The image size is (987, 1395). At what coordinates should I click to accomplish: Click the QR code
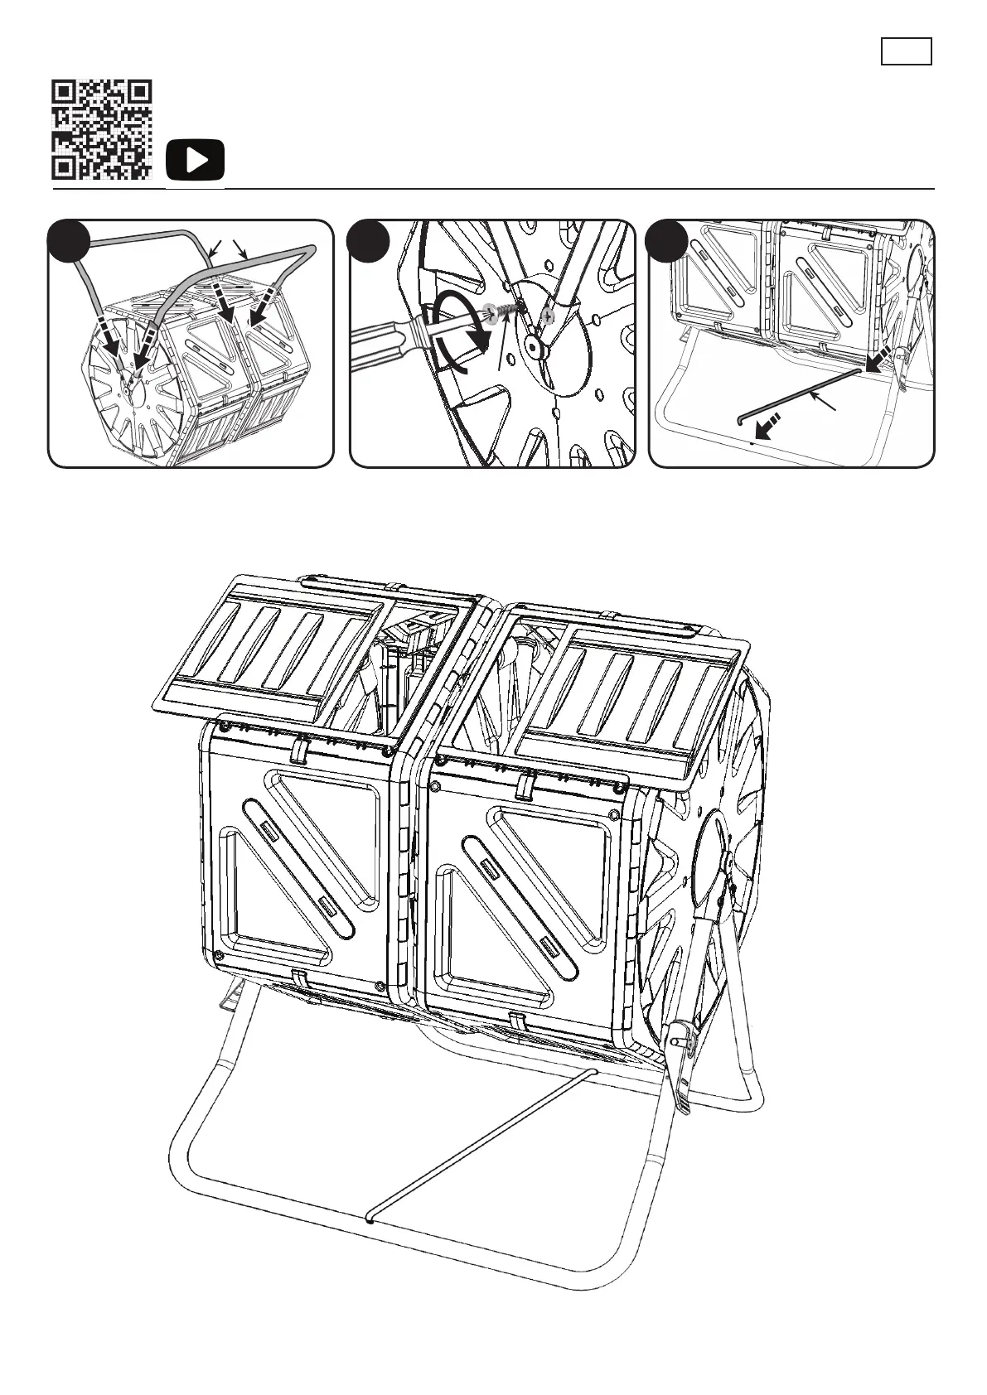tap(103, 129)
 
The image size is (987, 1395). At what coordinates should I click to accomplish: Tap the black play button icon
tap(195, 160)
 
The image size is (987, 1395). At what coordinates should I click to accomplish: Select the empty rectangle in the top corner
tap(906, 51)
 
